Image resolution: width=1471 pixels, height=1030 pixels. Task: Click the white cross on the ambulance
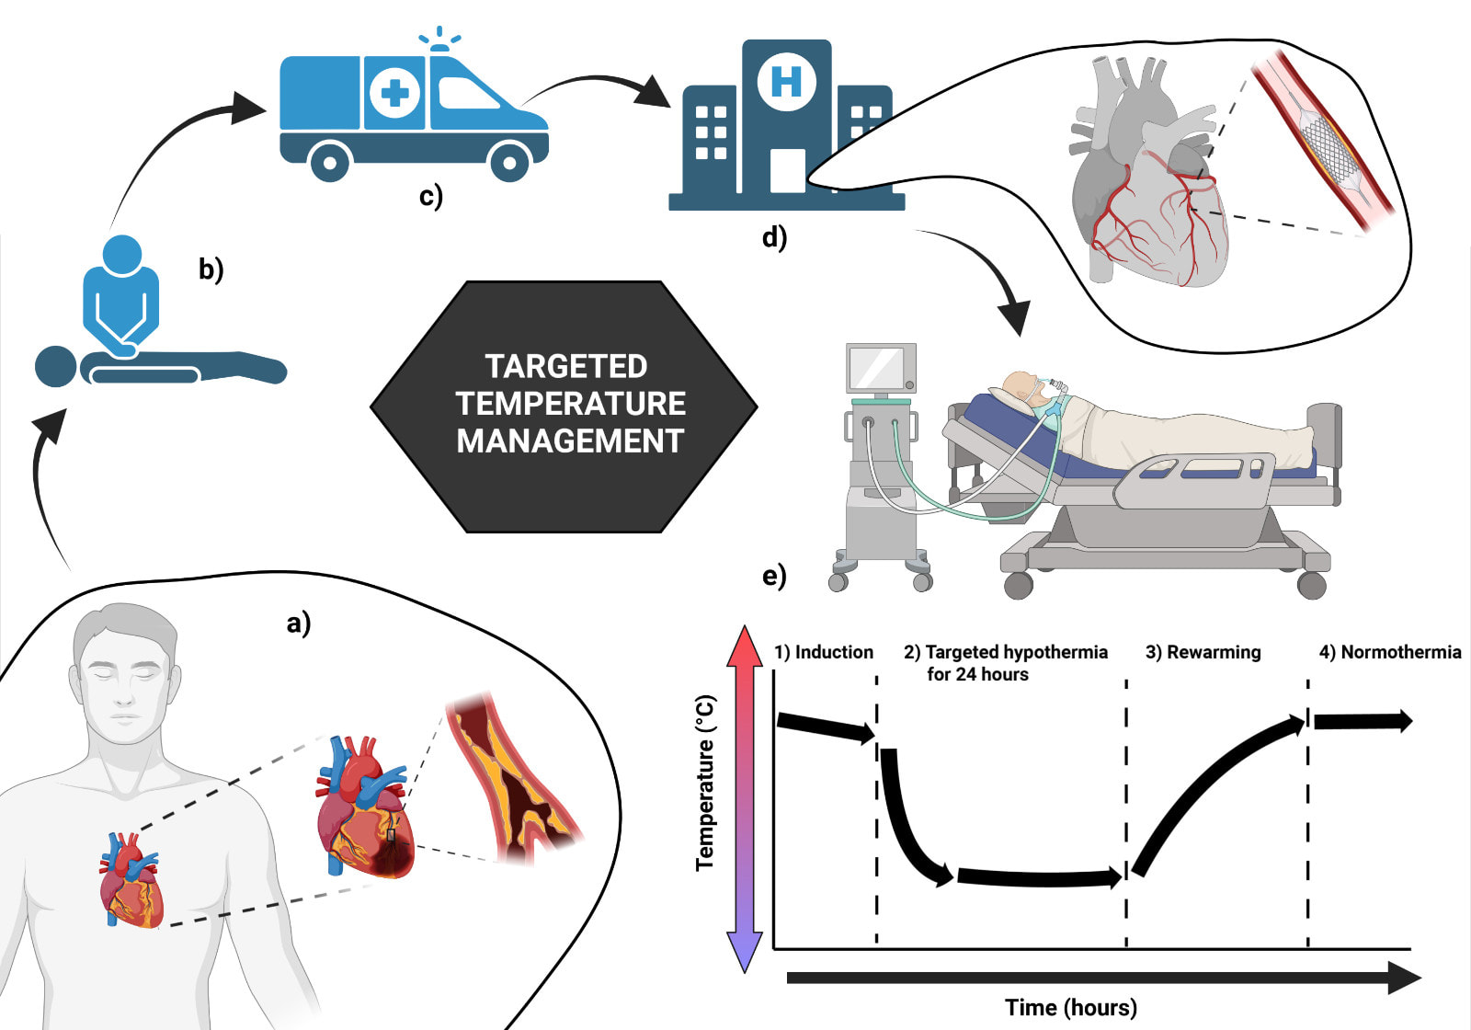(395, 92)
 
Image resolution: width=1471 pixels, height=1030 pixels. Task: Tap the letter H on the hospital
(786, 81)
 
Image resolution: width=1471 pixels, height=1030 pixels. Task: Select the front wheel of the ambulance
(509, 163)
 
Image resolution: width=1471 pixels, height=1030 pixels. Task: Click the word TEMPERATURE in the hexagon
(570, 404)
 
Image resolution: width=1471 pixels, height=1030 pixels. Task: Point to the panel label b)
(211, 269)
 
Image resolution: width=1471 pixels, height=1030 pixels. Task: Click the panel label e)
(774, 576)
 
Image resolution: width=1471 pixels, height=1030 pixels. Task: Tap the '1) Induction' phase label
(823, 652)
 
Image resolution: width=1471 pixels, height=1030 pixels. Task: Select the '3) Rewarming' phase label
(1203, 652)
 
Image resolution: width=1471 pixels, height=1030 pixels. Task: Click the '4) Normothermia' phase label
(1389, 652)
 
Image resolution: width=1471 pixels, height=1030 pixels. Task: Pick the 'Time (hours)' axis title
(1070, 1007)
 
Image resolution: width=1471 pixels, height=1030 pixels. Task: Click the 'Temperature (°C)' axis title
(705, 782)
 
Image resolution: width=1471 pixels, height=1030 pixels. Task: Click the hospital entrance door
(787, 170)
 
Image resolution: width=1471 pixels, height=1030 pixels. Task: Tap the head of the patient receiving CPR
(55, 366)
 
